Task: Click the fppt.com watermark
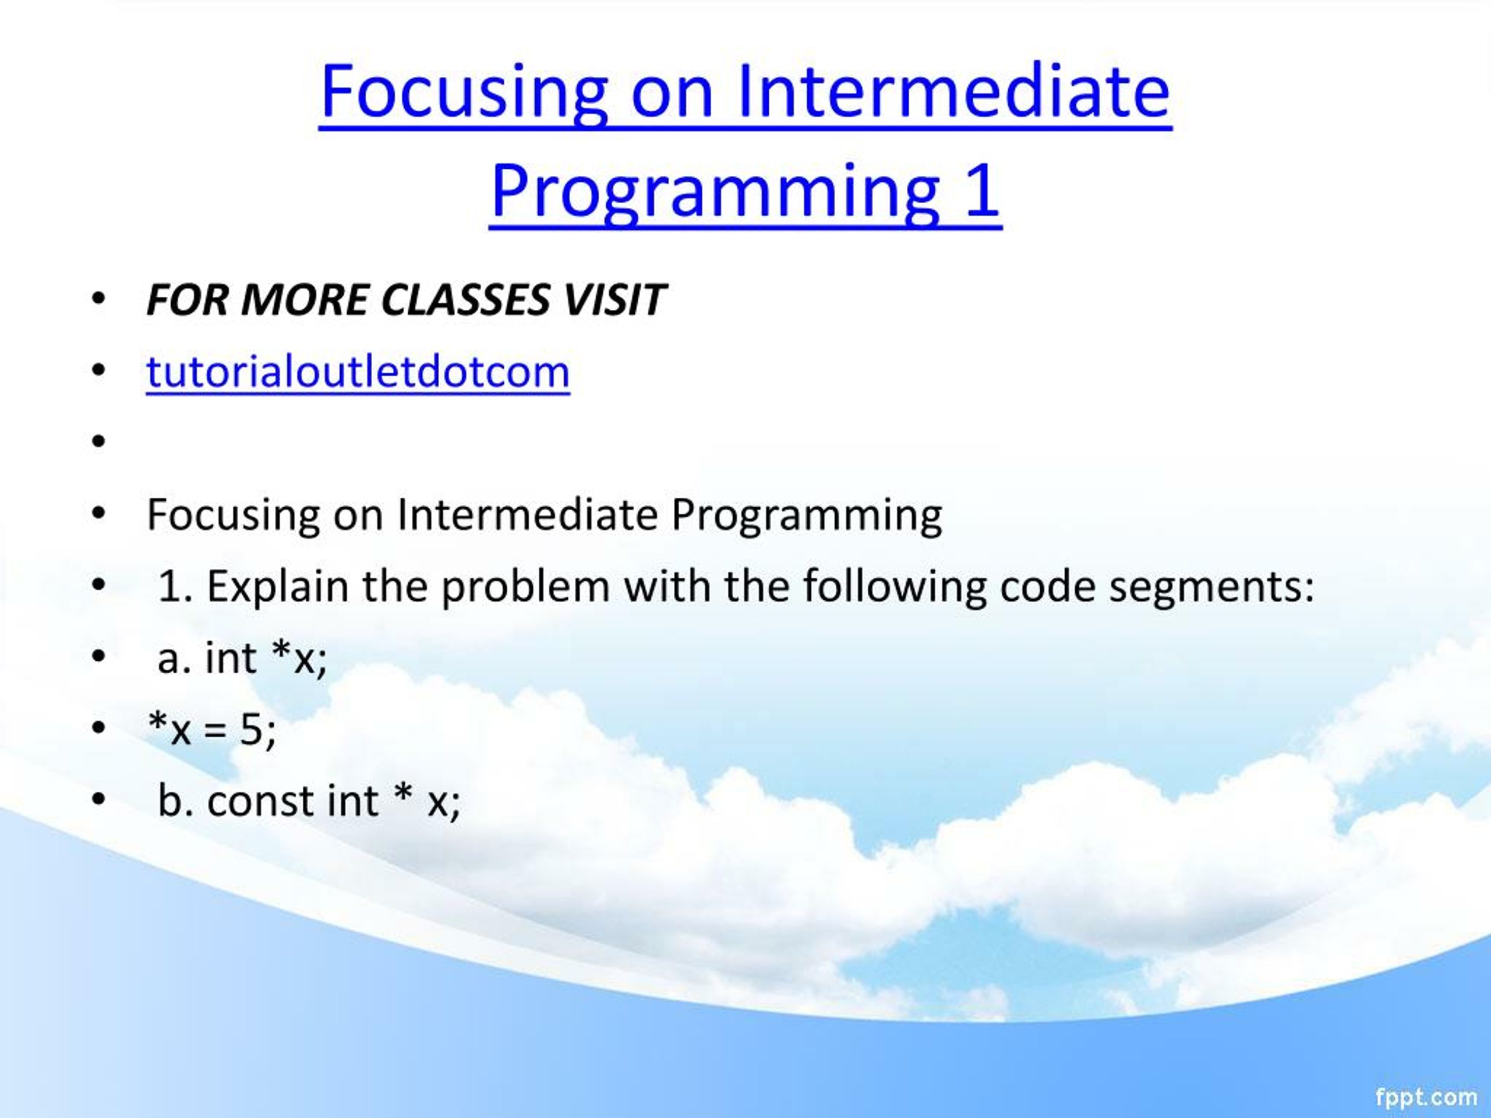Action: click(x=1426, y=1096)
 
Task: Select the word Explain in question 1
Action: click(x=278, y=586)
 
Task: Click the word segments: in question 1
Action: click(x=1211, y=586)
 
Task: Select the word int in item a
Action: click(x=231, y=658)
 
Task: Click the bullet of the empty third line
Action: click(x=99, y=441)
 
